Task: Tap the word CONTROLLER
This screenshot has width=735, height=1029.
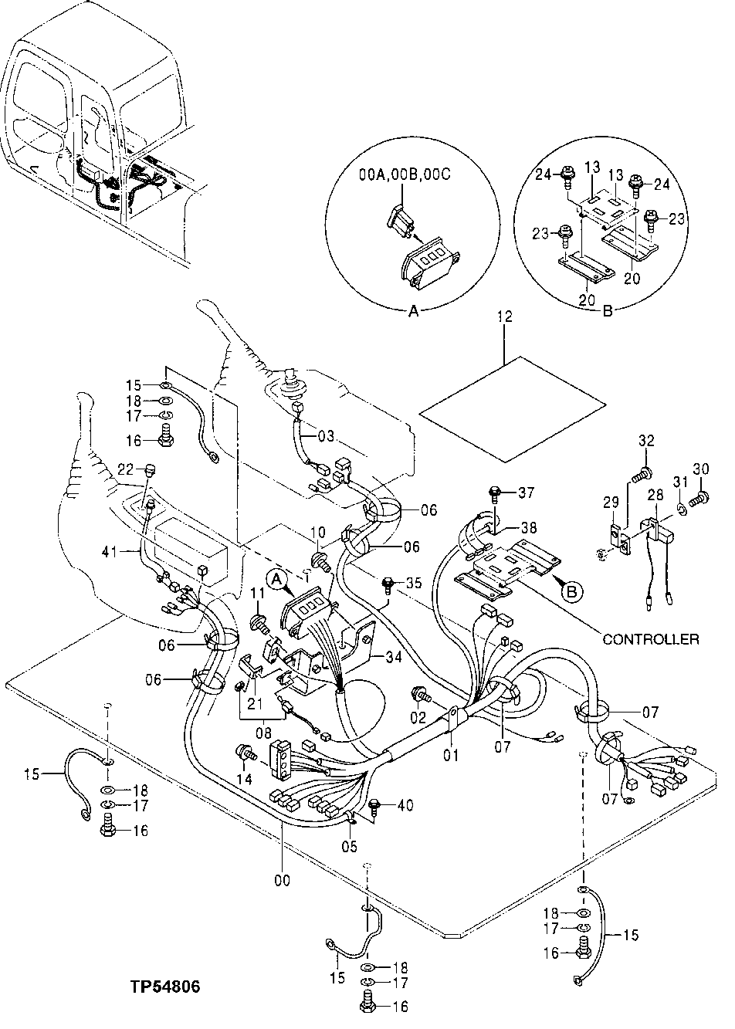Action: coord(651,638)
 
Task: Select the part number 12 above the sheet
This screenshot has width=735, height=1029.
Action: coord(504,316)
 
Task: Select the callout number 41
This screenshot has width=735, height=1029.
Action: coord(110,551)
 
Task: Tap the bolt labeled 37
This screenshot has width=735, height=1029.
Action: coord(496,492)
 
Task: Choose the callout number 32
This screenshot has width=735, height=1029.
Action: coord(645,441)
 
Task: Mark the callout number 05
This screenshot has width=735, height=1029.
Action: coord(351,846)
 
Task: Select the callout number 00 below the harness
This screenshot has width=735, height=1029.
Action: coord(283,880)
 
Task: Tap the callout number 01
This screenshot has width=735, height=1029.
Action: coord(451,754)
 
